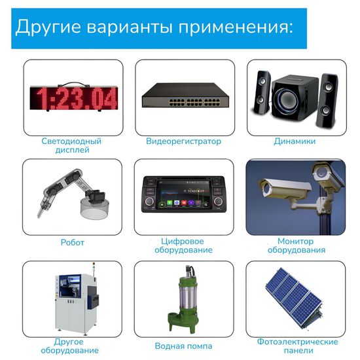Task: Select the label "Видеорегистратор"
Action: pyautogui.click(x=183, y=141)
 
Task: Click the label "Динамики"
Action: pyautogui.click(x=295, y=141)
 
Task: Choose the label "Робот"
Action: pyautogui.click(x=72, y=242)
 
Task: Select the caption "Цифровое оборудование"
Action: pyautogui.click(x=183, y=245)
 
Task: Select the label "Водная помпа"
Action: pyautogui.click(x=183, y=346)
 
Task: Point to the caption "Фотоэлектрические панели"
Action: pyautogui.click(x=298, y=346)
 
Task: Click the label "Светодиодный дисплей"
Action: pyautogui.click(x=71, y=145)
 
